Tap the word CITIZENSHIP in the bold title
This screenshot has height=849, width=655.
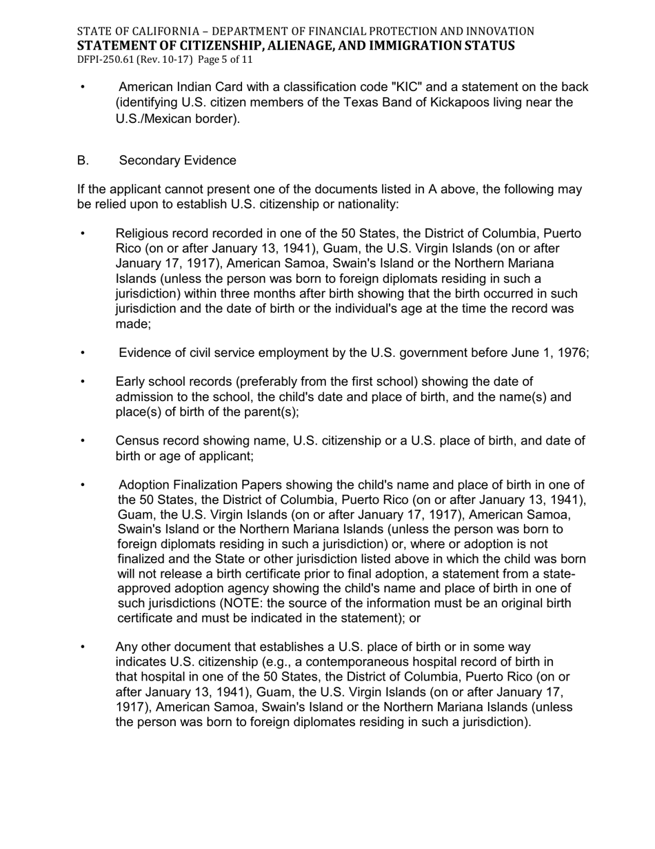(x=201, y=46)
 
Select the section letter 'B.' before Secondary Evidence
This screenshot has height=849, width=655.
(x=83, y=160)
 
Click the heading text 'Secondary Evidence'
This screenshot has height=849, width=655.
(x=177, y=160)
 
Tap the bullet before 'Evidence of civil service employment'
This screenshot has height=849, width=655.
(x=83, y=353)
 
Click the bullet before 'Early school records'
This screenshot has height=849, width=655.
(x=83, y=382)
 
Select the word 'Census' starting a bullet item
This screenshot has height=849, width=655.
(x=137, y=440)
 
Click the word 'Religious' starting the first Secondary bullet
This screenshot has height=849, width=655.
(x=141, y=233)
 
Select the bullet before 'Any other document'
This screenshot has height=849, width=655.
(x=83, y=647)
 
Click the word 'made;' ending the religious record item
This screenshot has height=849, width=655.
(x=132, y=324)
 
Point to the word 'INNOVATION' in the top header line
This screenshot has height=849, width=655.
(x=502, y=31)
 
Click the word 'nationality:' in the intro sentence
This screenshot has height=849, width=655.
(x=365, y=204)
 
